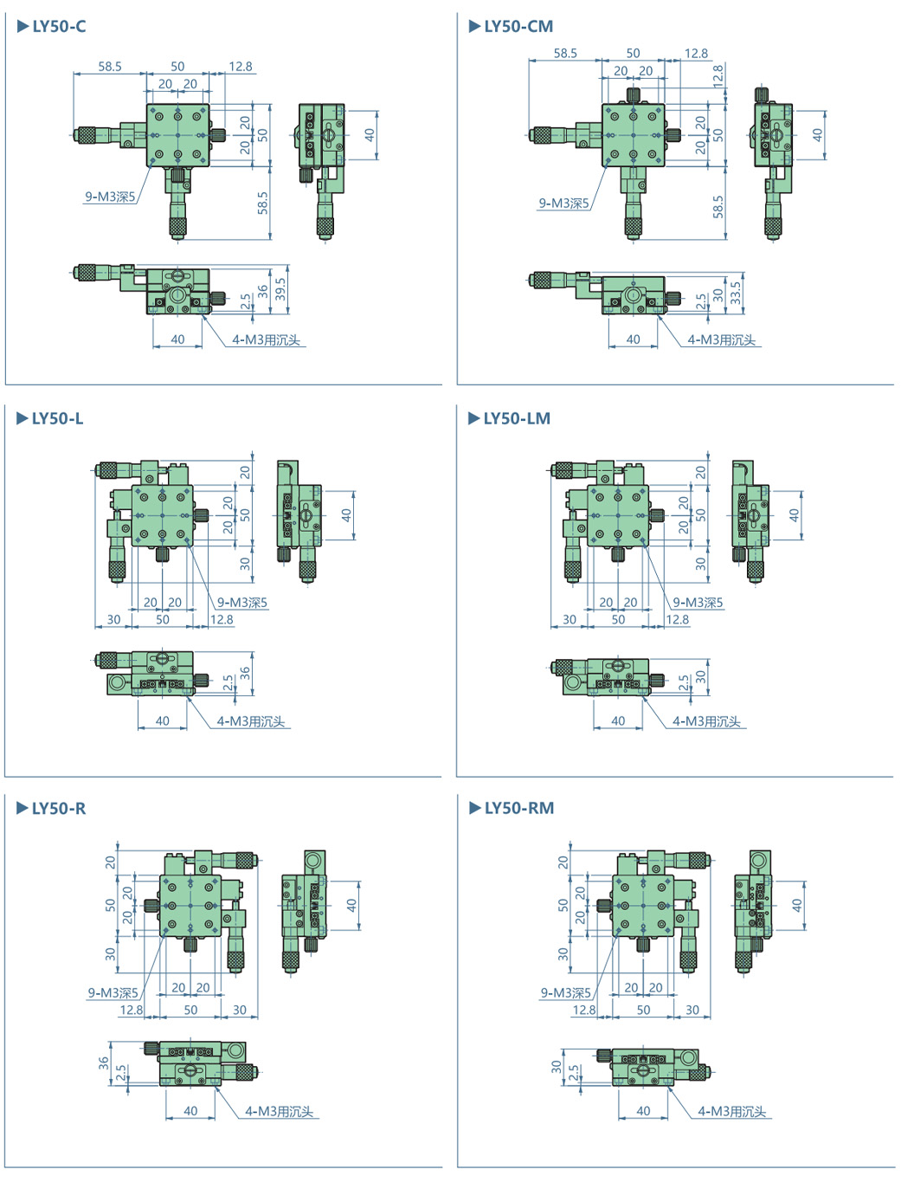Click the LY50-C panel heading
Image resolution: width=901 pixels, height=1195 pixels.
coord(59,26)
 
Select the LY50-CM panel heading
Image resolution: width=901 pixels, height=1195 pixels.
coord(518,26)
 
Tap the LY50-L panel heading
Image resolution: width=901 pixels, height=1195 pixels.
coord(57,418)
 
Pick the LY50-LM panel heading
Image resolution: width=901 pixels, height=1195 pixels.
coord(516,418)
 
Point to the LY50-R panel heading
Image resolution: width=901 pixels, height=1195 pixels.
coord(58,808)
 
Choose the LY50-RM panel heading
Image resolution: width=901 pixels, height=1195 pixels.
coord(518,808)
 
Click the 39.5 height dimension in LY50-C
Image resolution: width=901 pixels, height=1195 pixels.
coord(280,289)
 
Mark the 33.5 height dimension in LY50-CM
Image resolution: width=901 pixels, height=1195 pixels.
coord(736,292)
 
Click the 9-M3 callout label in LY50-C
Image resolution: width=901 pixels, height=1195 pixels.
coord(110,197)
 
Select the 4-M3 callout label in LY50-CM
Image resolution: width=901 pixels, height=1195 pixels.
coord(721,339)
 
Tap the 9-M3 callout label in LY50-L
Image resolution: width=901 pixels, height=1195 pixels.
coord(241,602)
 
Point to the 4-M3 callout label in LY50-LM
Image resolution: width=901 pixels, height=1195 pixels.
coord(706,720)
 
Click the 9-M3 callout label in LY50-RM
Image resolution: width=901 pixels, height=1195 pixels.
coord(565,992)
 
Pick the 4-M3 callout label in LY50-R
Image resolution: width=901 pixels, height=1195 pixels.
coord(279,1111)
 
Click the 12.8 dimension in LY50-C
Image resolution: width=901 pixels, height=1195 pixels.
coord(241,66)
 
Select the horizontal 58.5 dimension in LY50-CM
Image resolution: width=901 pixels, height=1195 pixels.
coord(565,53)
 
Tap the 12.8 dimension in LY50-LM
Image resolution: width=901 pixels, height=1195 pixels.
coord(677,619)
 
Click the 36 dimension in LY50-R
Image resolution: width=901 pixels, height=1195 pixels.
coord(104,1063)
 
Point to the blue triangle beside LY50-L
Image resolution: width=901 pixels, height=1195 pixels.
coord(23,418)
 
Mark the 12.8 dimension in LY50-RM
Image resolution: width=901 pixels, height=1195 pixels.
coord(584,1010)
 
